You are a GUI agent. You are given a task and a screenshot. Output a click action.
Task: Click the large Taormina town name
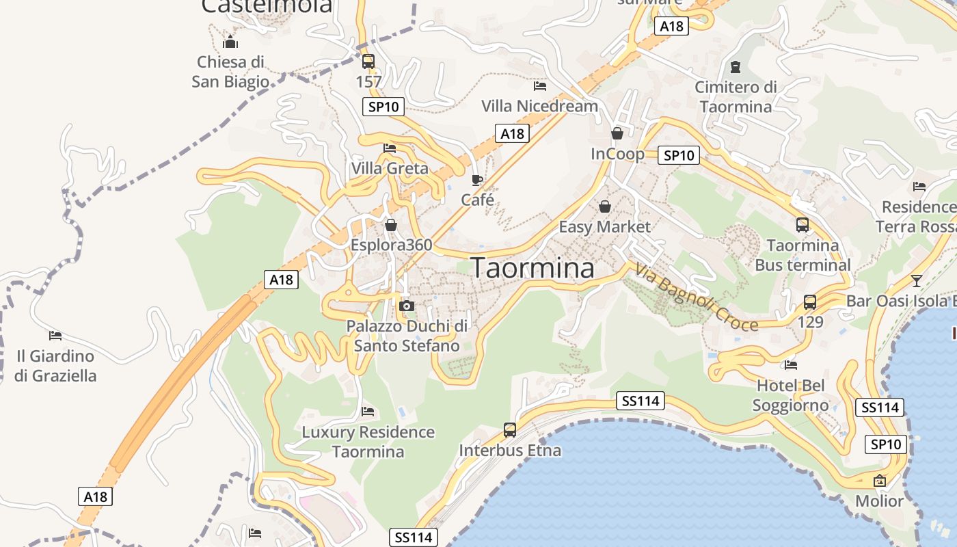click(533, 268)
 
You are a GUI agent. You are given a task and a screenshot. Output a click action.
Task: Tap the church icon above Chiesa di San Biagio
click(230, 42)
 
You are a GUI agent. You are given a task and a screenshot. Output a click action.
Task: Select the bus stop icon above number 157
click(368, 62)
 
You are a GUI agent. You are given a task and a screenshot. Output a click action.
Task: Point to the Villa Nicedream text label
click(539, 106)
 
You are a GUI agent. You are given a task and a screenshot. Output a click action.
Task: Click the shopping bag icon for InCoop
click(617, 133)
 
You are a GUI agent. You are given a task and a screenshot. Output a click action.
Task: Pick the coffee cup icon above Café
click(477, 181)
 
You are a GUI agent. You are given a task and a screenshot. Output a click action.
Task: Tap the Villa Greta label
click(390, 168)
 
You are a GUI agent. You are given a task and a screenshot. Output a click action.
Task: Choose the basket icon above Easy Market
click(605, 206)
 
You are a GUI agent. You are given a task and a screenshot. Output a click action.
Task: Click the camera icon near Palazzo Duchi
click(407, 306)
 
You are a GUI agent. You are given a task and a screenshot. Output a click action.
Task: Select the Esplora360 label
click(391, 245)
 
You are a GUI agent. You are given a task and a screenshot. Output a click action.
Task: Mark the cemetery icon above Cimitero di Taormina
click(736, 67)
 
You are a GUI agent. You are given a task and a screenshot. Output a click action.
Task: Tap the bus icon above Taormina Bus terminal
click(803, 224)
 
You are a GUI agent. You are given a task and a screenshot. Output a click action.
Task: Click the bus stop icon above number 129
click(810, 302)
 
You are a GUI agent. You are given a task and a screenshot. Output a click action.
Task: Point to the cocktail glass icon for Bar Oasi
click(917, 280)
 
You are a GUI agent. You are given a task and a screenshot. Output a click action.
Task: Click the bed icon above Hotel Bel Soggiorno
click(791, 364)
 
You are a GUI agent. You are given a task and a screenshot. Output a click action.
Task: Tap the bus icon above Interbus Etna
click(510, 429)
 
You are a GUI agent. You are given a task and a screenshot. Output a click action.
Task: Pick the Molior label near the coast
click(879, 501)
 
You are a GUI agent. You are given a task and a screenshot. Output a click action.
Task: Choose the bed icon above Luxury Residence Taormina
click(368, 412)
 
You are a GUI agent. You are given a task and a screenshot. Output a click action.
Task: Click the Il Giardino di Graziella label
click(55, 366)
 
